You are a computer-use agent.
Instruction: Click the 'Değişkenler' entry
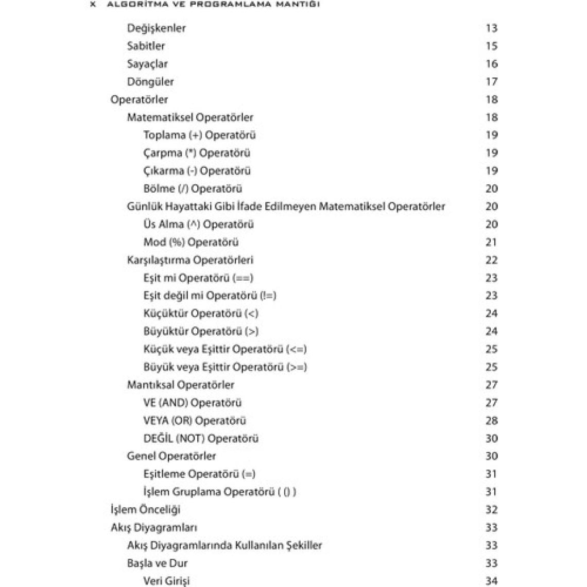[x=156, y=28]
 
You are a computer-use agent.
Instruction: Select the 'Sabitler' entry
[x=146, y=46]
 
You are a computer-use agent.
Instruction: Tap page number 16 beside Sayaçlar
[x=491, y=64]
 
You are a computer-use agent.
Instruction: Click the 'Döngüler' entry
[x=150, y=82]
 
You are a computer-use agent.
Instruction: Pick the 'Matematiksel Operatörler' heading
[x=190, y=117]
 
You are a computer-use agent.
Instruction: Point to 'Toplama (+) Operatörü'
[x=199, y=135]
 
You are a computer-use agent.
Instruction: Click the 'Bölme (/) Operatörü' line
[x=193, y=189]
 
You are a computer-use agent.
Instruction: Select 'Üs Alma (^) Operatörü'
[x=198, y=225]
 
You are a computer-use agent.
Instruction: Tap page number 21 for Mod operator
[x=491, y=242]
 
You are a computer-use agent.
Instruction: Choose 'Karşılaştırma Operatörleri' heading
[x=190, y=260]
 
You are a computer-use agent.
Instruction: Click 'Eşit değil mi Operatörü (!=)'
[x=210, y=296]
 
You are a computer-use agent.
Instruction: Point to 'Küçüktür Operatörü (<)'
[x=201, y=314]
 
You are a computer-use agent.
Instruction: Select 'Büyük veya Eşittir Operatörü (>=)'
[x=225, y=367]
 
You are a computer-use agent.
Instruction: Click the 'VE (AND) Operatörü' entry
[x=192, y=403]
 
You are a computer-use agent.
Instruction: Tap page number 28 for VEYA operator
[x=491, y=421]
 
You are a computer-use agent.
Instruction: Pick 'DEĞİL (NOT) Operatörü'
[x=201, y=439]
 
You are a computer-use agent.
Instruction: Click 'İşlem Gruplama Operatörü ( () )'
[x=219, y=492]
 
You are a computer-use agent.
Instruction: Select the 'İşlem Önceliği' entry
[x=145, y=510]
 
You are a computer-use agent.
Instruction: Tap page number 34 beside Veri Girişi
[x=491, y=581]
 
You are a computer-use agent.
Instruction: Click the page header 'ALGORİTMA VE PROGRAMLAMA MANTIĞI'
[x=212, y=4]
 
